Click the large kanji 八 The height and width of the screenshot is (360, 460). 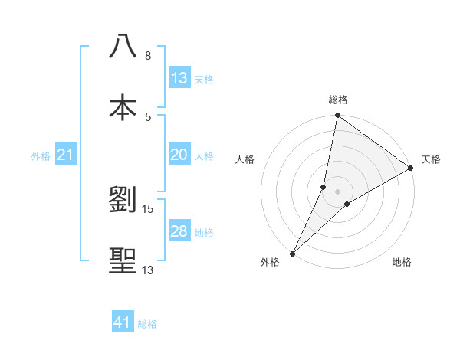(x=123, y=46)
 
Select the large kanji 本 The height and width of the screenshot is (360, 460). (x=123, y=107)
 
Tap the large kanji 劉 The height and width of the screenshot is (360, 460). (x=123, y=200)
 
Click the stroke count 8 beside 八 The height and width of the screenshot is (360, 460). (x=148, y=56)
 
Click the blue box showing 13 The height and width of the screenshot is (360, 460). (x=179, y=78)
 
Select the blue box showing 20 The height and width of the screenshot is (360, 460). (x=179, y=155)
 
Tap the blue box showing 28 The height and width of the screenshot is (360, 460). (x=179, y=231)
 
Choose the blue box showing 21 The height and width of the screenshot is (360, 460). (x=66, y=155)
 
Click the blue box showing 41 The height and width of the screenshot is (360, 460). (x=123, y=323)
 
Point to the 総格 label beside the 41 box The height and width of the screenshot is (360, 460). (x=147, y=324)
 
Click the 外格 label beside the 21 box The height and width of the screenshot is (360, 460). (x=41, y=156)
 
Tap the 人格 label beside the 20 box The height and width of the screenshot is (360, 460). (x=204, y=156)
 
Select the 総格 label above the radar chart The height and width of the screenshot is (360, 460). (x=338, y=100)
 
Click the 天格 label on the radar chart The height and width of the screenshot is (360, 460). (x=431, y=159)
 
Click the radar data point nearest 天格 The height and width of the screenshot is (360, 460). (x=411, y=169)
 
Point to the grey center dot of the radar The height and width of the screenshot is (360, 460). (x=338, y=191)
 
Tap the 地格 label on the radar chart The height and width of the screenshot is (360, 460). (x=402, y=263)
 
